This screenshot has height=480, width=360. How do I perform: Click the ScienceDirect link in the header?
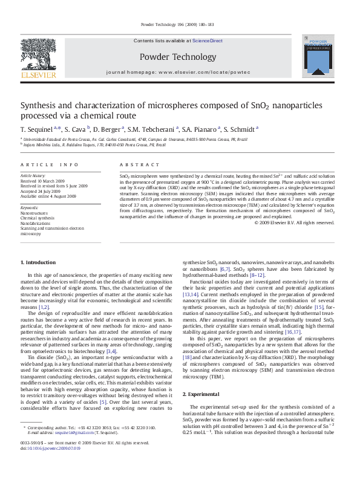208,41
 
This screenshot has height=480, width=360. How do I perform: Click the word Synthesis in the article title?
40,105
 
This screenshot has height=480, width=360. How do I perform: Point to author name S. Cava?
77,129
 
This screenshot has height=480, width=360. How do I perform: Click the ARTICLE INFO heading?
50,164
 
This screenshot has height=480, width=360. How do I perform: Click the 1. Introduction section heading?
38,262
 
